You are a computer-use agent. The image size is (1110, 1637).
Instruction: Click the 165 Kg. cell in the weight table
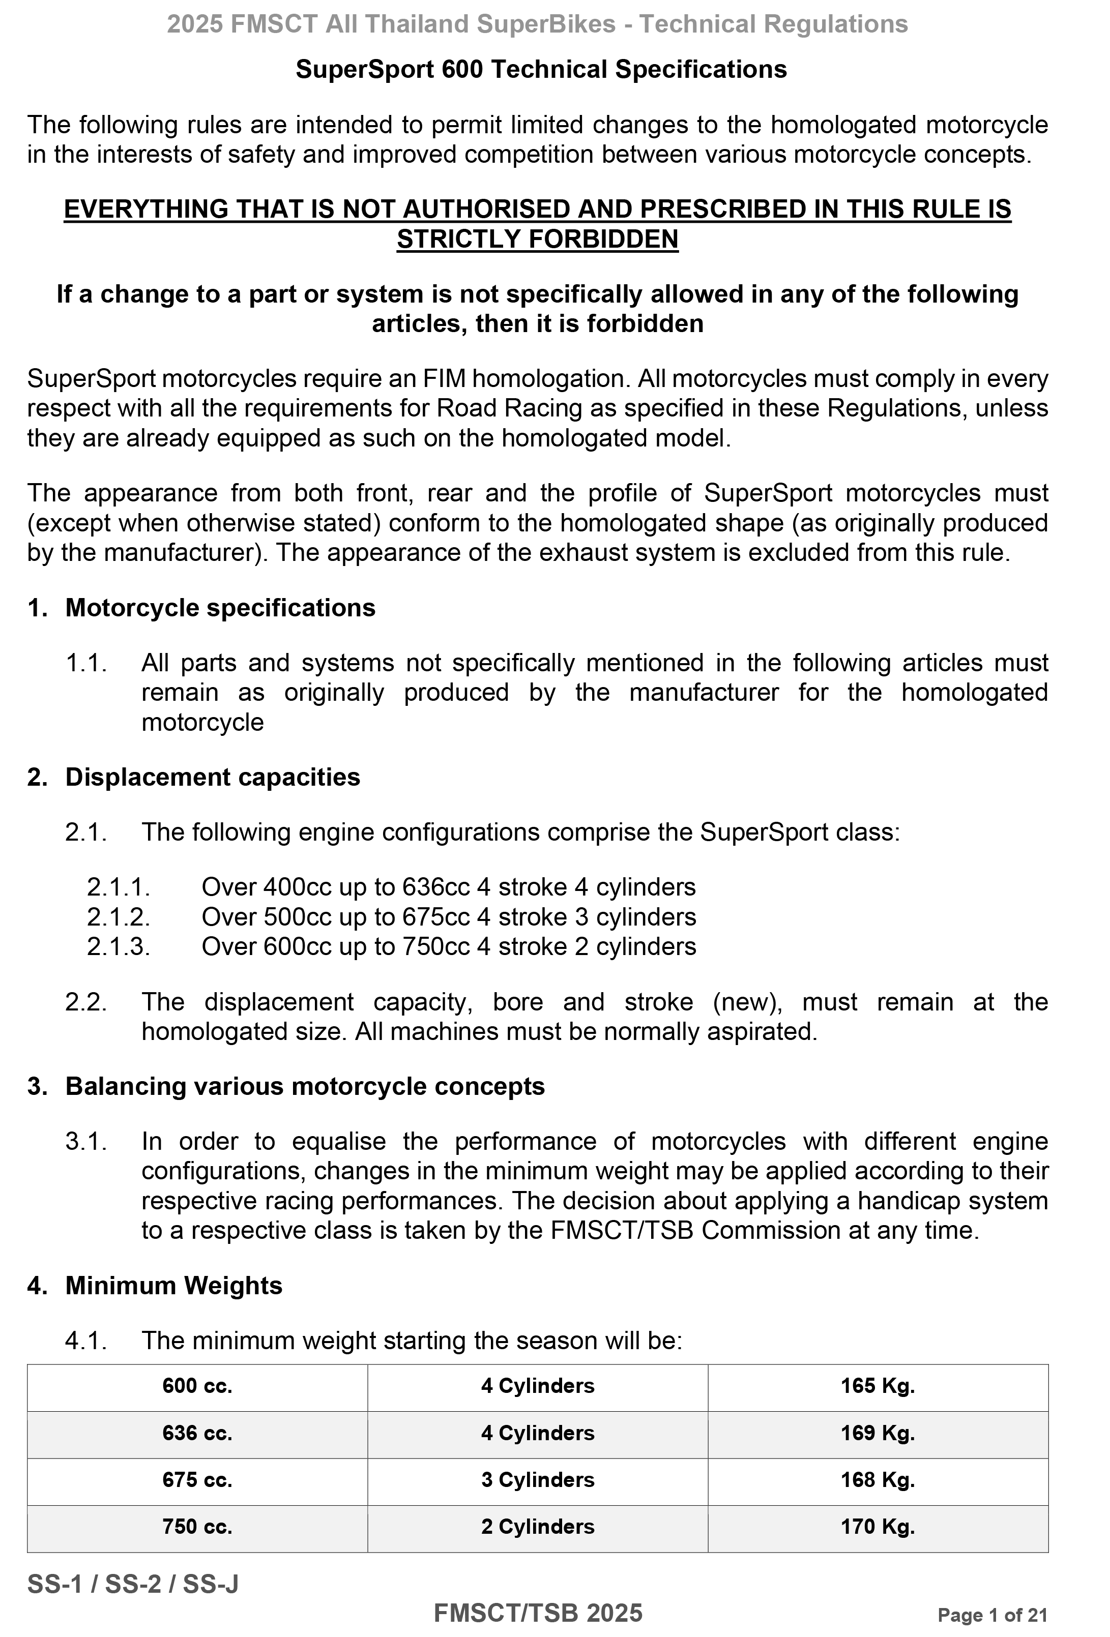[x=878, y=1386]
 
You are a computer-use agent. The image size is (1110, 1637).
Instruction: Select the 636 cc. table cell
[x=197, y=1433]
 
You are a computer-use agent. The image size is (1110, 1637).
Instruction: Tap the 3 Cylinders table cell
[x=538, y=1479]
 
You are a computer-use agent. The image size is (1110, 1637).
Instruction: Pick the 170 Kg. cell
[x=878, y=1527]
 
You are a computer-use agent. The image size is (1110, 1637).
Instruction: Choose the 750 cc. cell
[x=197, y=1527]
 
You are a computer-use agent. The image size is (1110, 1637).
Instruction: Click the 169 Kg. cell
[x=878, y=1433]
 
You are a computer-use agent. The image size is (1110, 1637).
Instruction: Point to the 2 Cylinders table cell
[x=538, y=1527]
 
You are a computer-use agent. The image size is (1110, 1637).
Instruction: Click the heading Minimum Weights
[x=173, y=1286]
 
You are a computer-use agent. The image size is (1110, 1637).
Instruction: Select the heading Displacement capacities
[x=212, y=777]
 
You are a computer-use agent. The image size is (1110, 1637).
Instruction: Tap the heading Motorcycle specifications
[x=220, y=608]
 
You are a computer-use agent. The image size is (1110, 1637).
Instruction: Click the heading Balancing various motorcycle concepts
[x=304, y=1086]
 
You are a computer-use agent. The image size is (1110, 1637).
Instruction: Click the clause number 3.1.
[x=86, y=1141]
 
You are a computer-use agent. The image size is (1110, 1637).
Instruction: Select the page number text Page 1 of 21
[x=992, y=1615]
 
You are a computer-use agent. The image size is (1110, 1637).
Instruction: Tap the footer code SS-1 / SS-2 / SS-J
[x=132, y=1584]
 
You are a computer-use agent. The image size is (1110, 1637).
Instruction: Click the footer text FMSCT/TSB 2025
[x=538, y=1613]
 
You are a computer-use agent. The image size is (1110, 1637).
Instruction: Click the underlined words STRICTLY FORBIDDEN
[x=537, y=240]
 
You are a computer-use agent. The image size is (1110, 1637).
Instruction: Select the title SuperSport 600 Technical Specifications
[x=541, y=69]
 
